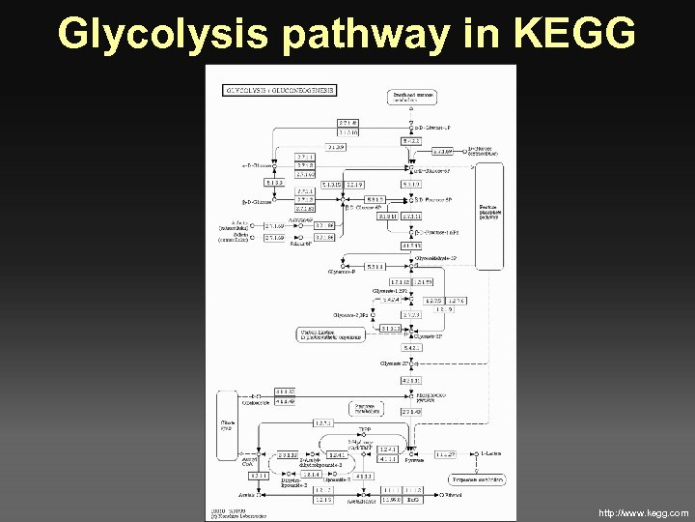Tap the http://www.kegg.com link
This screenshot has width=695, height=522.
pyautogui.click(x=644, y=512)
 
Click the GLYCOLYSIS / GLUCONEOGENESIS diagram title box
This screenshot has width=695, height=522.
pyautogui.click(x=280, y=89)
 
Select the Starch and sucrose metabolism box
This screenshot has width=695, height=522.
pyautogui.click(x=412, y=96)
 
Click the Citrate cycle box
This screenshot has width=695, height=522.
pyautogui.click(x=229, y=424)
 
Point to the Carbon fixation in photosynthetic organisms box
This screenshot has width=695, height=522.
pyautogui.click(x=330, y=334)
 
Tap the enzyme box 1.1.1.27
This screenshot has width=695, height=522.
pyautogui.click(x=445, y=454)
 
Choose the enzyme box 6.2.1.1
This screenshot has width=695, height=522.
pyautogui.click(x=259, y=476)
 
